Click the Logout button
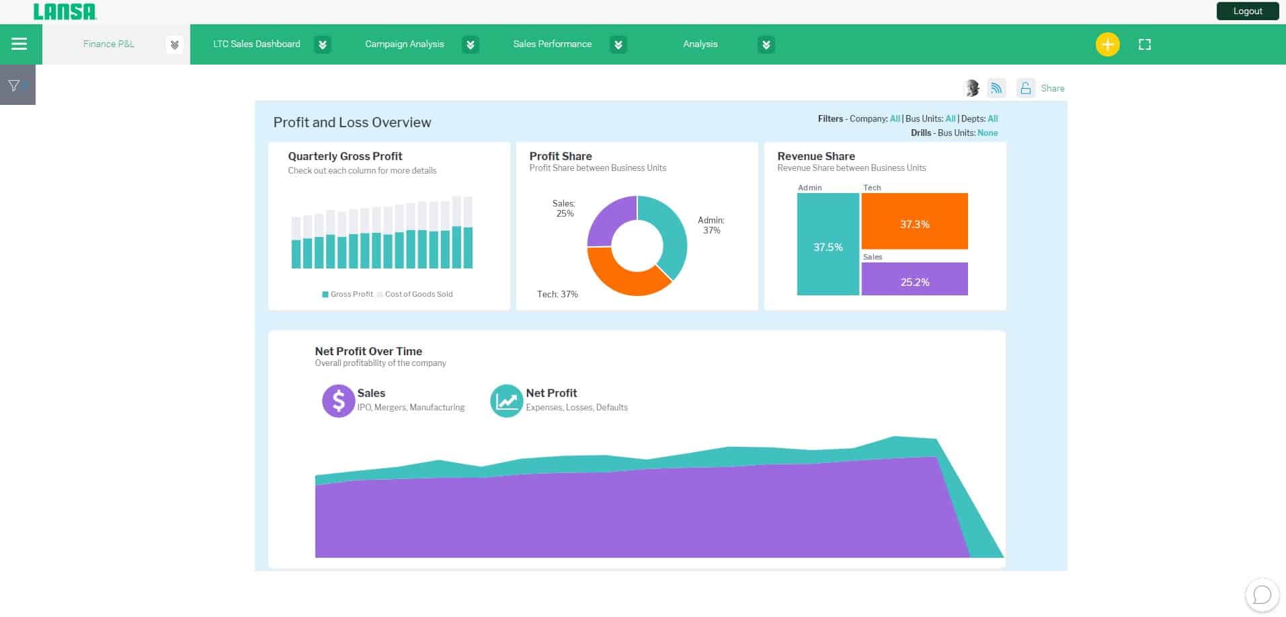[x=1247, y=11]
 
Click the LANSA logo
[x=65, y=11]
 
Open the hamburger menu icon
[x=19, y=44]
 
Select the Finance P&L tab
[x=109, y=44]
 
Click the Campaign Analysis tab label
[x=404, y=44]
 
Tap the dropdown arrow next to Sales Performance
[x=618, y=45]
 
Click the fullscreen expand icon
[x=1144, y=45]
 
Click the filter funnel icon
[x=14, y=85]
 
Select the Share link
[x=1052, y=89]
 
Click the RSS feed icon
[x=996, y=88]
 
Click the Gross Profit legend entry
[x=348, y=294]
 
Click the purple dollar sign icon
[x=338, y=401]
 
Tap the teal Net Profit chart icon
[x=506, y=401]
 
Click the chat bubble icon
[x=1262, y=595]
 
